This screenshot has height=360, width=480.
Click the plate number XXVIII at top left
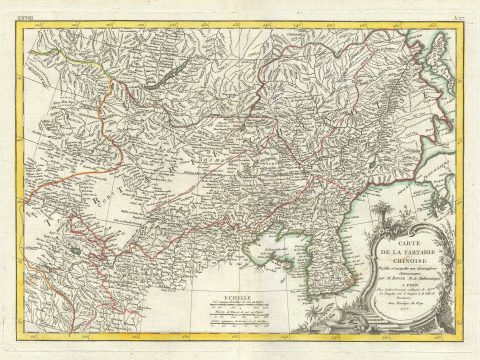pyautogui.click(x=39, y=9)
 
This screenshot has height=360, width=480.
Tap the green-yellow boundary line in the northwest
pyautogui.click(x=80, y=70)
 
